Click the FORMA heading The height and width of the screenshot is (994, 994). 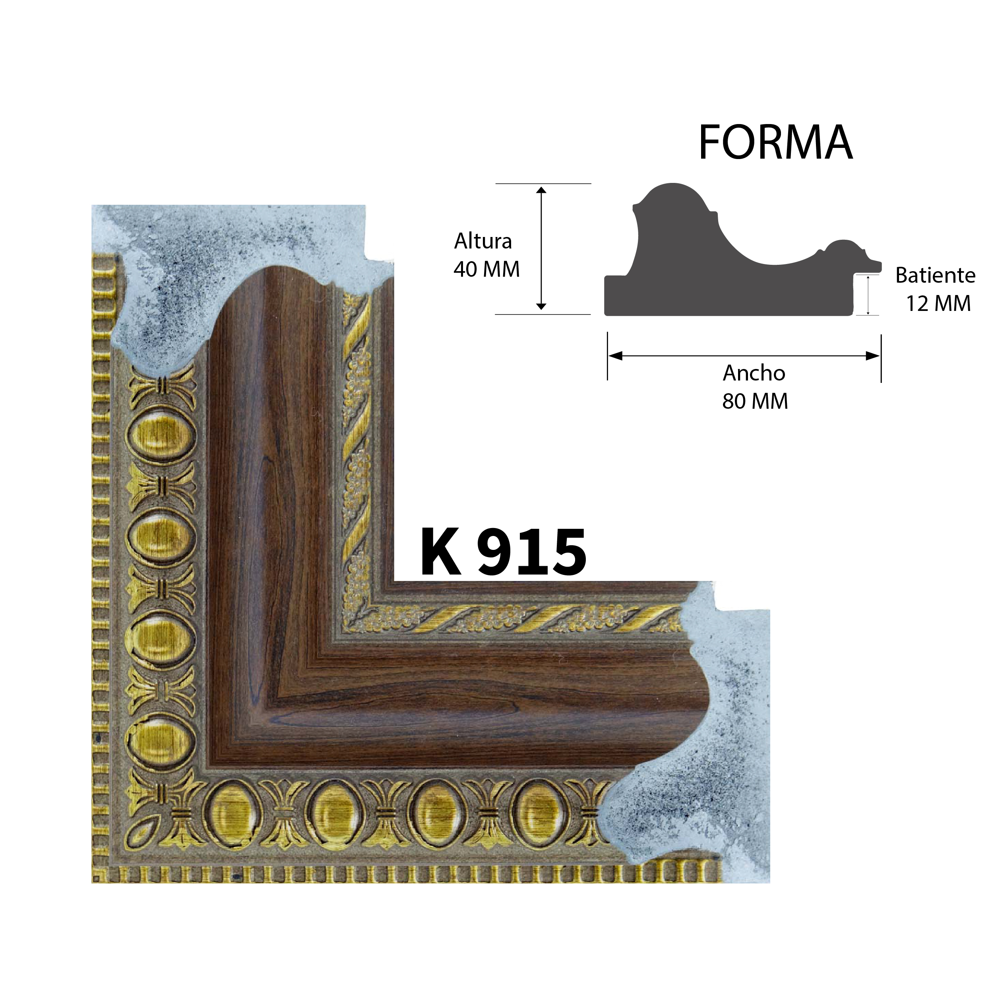point(775,143)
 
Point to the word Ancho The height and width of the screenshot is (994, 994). point(754,373)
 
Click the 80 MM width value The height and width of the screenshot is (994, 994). point(755,402)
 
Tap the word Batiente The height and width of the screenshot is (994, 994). point(935,276)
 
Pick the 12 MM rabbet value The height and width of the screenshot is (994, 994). point(938,304)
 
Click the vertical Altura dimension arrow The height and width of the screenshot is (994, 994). point(541,248)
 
